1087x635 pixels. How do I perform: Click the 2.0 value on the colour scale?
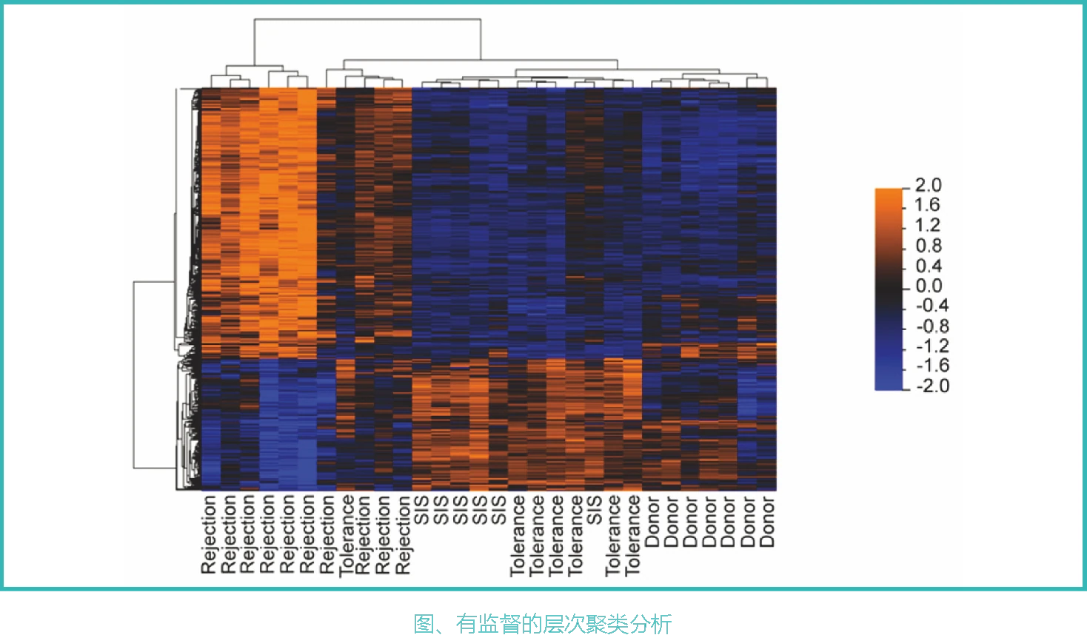(928, 185)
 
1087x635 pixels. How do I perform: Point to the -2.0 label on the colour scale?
(932, 386)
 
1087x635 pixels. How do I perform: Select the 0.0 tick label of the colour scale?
(929, 286)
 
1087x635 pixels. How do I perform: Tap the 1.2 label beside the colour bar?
(927, 225)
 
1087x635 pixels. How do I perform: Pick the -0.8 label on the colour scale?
(932, 326)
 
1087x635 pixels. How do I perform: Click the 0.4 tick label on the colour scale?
(929, 266)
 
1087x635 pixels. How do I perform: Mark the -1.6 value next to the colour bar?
(932, 366)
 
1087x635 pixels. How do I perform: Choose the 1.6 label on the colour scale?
(927, 205)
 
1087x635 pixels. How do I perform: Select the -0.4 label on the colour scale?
(932, 306)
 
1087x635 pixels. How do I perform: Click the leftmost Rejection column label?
(209, 534)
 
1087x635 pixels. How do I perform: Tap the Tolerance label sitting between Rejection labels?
(346, 536)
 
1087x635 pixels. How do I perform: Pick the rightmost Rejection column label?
(404, 534)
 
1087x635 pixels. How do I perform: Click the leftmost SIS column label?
(422, 510)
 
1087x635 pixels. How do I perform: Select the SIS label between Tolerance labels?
(594, 510)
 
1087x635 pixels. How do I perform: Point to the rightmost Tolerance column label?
(632, 536)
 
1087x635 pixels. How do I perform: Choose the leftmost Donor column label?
(652, 522)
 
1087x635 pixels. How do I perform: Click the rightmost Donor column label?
(766, 522)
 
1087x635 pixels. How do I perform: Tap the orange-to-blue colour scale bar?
(889, 289)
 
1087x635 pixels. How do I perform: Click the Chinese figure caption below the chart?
(543, 624)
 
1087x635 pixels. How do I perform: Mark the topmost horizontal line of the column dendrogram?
(367, 19)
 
